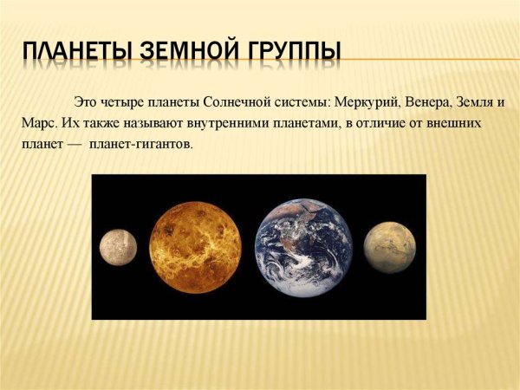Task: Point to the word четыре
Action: (121, 102)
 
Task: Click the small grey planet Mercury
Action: (119, 247)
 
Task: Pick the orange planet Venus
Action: (195, 247)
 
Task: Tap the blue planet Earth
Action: (304, 247)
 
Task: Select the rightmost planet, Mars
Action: (389, 247)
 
